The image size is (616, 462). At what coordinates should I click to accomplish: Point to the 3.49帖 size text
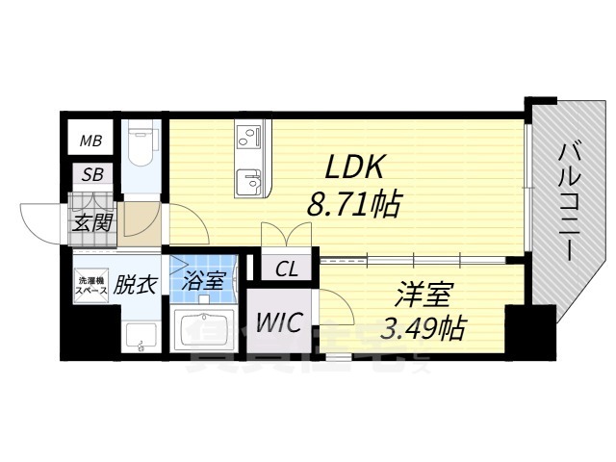423,328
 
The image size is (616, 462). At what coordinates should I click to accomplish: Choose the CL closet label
287,269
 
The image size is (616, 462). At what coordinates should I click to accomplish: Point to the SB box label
92,175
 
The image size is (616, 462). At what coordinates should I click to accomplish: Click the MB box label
91,141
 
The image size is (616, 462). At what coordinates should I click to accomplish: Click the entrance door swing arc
38,221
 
